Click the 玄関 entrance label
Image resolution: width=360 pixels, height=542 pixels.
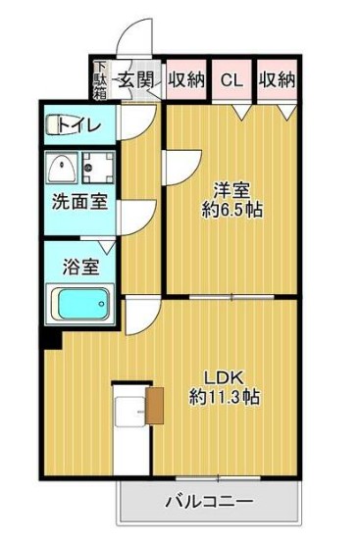pyautogui.click(x=135, y=80)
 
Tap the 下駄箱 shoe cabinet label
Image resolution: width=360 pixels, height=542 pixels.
pyautogui.click(x=100, y=80)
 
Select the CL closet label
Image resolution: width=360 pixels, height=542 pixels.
pyautogui.click(x=231, y=80)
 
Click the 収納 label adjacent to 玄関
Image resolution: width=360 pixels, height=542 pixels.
pyautogui.click(x=184, y=80)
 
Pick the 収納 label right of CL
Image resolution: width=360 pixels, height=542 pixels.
pyautogui.click(x=277, y=80)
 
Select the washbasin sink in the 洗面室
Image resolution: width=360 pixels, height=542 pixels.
pyautogui.click(x=63, y=169)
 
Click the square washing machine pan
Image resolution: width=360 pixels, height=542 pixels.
pyautogui.click(x=97, y=169)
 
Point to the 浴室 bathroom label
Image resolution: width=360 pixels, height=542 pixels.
pyautogui.click(x=78, y=265)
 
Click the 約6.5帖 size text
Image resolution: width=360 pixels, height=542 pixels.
pyautogui.click(x=231, y=210)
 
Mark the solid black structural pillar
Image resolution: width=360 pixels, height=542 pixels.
pyautogui.click(x=49, y=340)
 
